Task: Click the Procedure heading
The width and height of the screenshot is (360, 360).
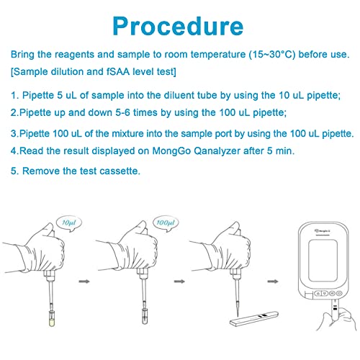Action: [x=178, y=27]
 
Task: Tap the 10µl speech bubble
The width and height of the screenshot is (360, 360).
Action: [x=69, y=223]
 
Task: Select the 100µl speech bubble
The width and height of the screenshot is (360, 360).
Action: [x=166, y=223]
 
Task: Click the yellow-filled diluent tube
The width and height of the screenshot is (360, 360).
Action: [x=52, y=318]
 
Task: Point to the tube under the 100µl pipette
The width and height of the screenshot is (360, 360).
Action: [x=144, y=316]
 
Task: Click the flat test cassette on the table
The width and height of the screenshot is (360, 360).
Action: [x=254, y=318]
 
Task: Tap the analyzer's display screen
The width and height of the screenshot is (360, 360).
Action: [x=323, y=260]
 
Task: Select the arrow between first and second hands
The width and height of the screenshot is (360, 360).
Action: [x=84, y=282]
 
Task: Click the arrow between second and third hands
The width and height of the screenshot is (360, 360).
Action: [x=179, y=282]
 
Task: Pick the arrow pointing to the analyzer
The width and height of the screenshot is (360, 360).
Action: [x=273, y=282]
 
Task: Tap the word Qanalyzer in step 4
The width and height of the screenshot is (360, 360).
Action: [x=217, y=151]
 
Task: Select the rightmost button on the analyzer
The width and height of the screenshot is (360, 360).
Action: [x=339, y=293]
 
